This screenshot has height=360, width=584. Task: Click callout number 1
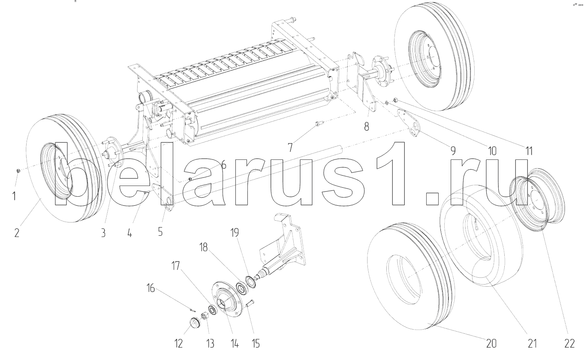tap(14, 196)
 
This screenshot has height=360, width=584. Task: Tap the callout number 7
tap(290, 147)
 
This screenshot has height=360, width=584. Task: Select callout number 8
tap(367, 126)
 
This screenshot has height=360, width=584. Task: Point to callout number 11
tap(529, 151)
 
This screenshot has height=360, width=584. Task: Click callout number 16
tap(151, 288)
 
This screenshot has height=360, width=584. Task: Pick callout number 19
tap(235, 232)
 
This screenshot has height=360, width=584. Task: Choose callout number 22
tap(569, 344)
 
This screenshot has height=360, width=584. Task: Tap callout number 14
tap(235, 344)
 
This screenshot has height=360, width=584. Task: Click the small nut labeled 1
tap(18, 171)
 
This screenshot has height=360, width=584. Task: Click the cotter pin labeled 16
tap(193, 310)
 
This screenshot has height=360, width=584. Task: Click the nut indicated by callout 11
tap(395, 99)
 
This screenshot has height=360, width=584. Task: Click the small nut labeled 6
tap(190, 179)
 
